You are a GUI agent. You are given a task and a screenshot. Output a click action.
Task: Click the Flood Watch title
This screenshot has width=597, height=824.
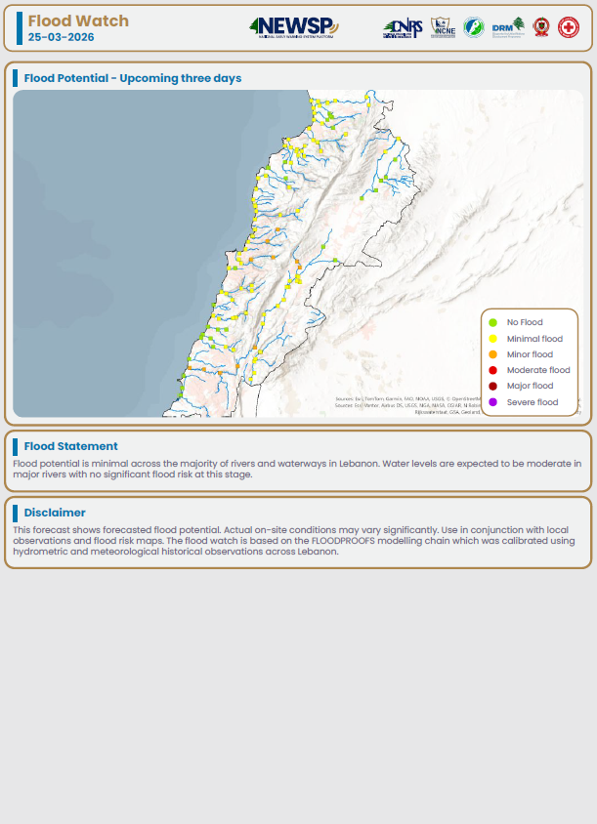pyautogui.click(x=78, y=21)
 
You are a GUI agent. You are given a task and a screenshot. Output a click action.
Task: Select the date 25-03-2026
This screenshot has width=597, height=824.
pyautogui.click(x=61, y=37)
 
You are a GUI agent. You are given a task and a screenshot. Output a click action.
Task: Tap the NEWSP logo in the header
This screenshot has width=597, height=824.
pyautogui.click(x=293, y=27)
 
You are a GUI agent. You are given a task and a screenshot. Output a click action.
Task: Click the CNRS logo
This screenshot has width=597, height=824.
pyautogui.click(x=403, y=28)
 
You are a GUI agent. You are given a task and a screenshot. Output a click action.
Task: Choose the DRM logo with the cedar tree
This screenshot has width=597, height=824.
pyautogui.click(x=509, y=27)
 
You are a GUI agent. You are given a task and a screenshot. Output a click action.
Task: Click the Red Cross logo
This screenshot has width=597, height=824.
pyautogui.click(x=568, y=27)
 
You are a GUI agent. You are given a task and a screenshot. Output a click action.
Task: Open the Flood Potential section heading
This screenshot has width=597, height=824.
pyautogui.click(x=132, y=78)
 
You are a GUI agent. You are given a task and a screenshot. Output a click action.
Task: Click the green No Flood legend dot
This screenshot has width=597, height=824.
pyautogui.click(x=492, y=322)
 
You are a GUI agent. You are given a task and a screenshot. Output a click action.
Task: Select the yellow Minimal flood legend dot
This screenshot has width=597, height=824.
pyautogui.click(x=492, y=339)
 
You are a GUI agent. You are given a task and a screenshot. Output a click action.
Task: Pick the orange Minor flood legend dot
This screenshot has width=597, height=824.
pyautogui.click(x=492, y=354)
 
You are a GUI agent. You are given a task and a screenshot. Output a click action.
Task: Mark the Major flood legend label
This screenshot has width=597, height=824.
pyautogui.click(x=530, y=386)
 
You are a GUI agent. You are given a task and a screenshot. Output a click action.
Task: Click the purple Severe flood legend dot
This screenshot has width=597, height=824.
pyautogui.click(x=492, y=402)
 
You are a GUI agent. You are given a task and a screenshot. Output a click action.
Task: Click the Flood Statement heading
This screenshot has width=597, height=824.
pyautogui.click(x=70, y=446)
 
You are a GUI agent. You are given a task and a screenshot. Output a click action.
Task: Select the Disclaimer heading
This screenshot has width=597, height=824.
pyautogui.click(x=55, y=513)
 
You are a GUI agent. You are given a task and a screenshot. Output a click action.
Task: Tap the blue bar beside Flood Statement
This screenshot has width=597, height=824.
pyautogui.click(x=16, y=446)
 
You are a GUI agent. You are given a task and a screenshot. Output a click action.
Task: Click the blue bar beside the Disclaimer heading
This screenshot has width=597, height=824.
pyautogui.click(x=16, y=513)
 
